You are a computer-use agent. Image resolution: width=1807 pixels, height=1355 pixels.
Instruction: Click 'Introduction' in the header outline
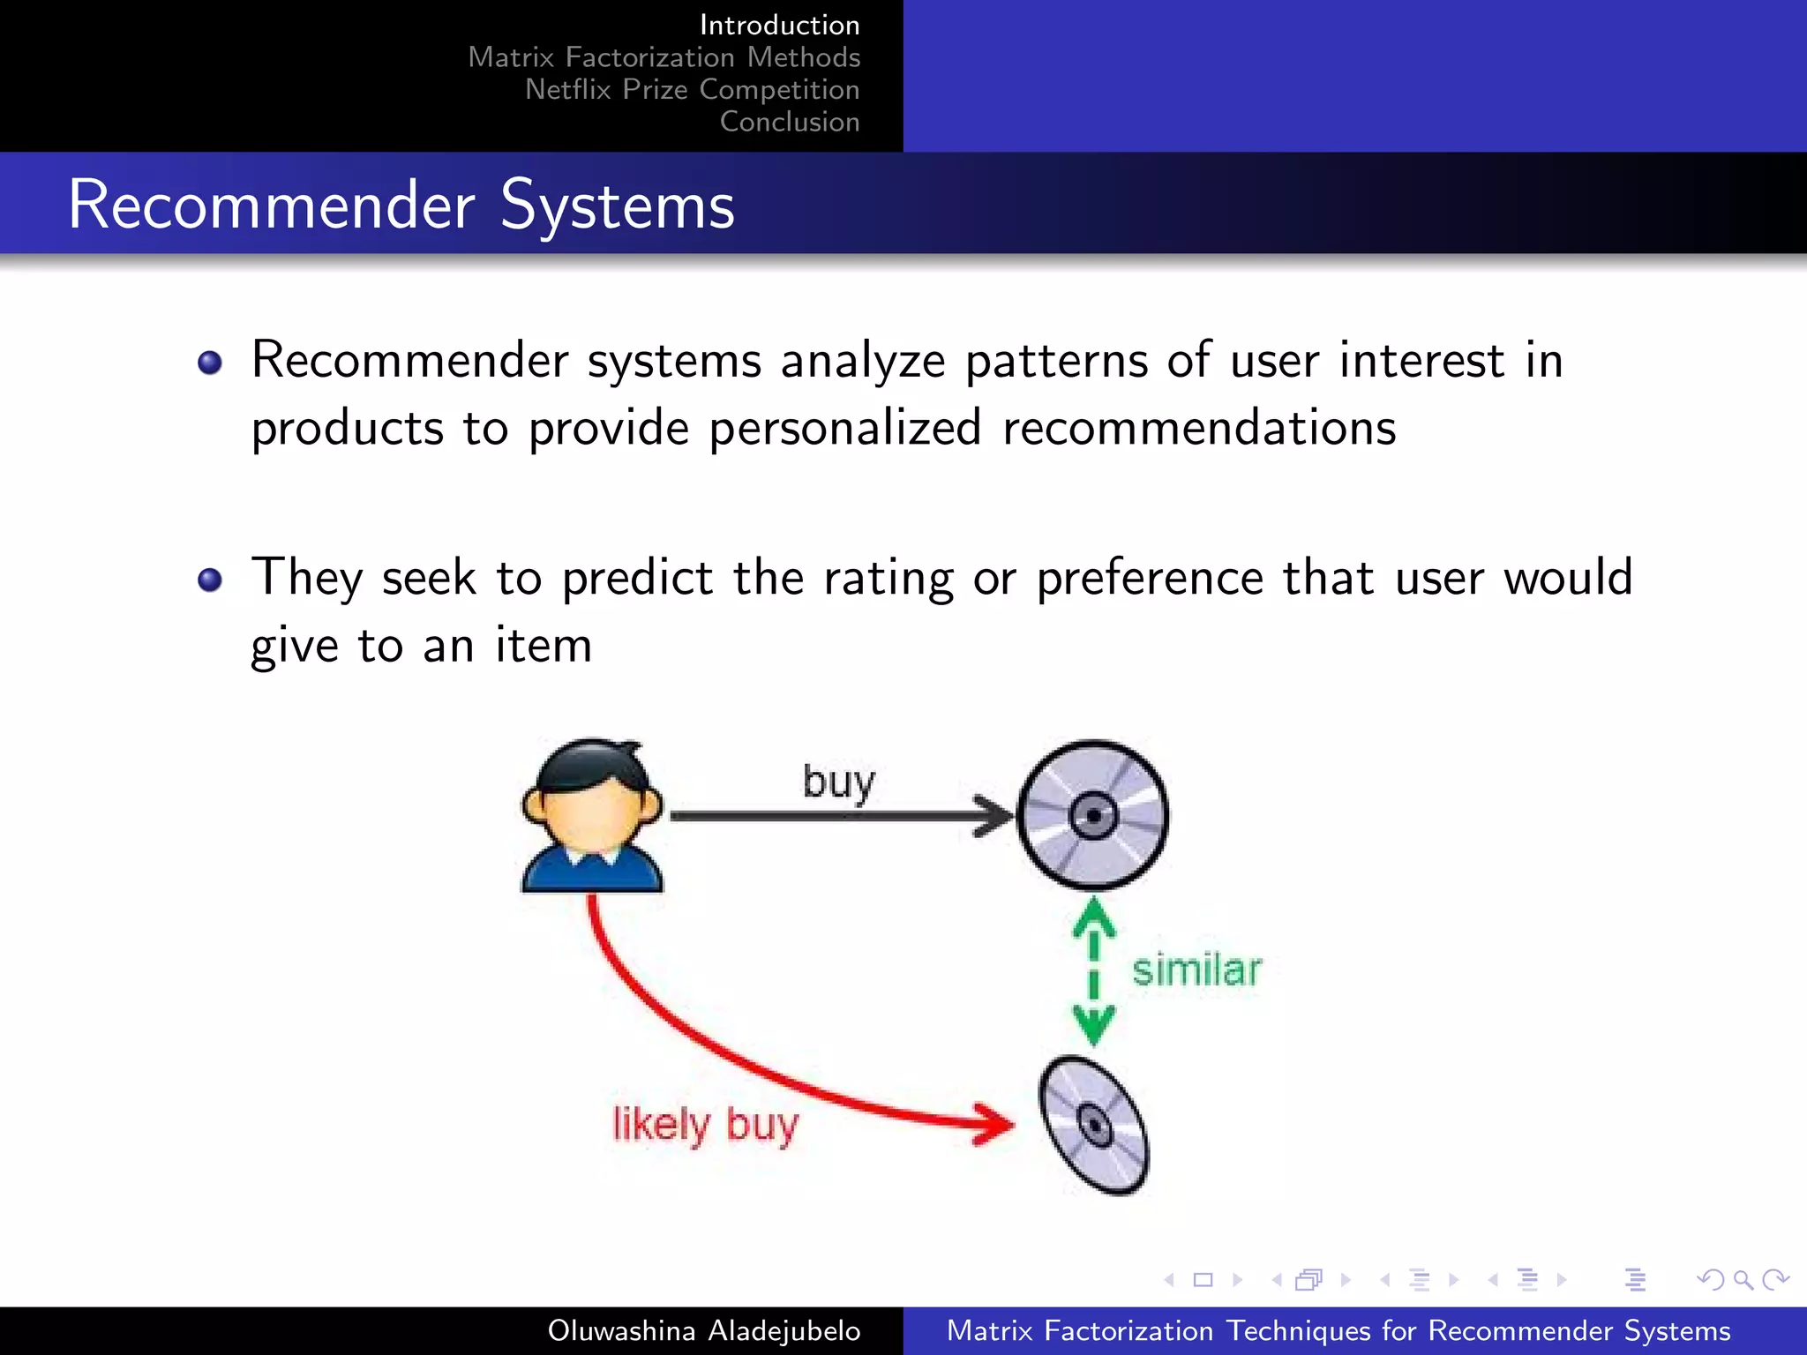779,25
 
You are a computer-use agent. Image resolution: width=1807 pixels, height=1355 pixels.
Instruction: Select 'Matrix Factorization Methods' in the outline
664,57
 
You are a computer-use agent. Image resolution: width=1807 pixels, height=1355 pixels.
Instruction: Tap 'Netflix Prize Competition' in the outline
692,89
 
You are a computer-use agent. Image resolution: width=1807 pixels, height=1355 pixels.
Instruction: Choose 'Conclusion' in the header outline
789,122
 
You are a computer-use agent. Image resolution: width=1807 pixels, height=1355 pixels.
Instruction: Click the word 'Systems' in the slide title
617,205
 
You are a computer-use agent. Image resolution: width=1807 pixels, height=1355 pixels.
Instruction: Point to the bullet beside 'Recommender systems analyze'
210,362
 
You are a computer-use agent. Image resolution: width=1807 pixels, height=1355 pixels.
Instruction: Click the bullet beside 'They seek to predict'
210,580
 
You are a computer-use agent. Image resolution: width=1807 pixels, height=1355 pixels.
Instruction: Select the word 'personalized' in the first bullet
844,429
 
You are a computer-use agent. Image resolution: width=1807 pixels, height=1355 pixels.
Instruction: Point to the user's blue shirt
591,873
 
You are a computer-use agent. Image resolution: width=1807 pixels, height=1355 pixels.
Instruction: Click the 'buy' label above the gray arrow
838,782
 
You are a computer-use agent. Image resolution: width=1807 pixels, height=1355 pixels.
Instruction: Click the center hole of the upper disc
1094,816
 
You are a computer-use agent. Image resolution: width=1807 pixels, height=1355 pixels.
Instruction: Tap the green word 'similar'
1196,970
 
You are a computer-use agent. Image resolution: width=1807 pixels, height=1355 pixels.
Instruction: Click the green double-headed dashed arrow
1094,970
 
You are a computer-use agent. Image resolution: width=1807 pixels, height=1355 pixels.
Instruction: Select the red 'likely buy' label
706,1125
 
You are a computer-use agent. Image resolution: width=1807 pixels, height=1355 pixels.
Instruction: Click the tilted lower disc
1094,1127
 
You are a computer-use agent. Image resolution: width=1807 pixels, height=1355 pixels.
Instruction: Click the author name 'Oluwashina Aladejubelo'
703,1330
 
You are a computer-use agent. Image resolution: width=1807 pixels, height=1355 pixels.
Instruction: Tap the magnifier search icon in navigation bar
1743,1279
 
